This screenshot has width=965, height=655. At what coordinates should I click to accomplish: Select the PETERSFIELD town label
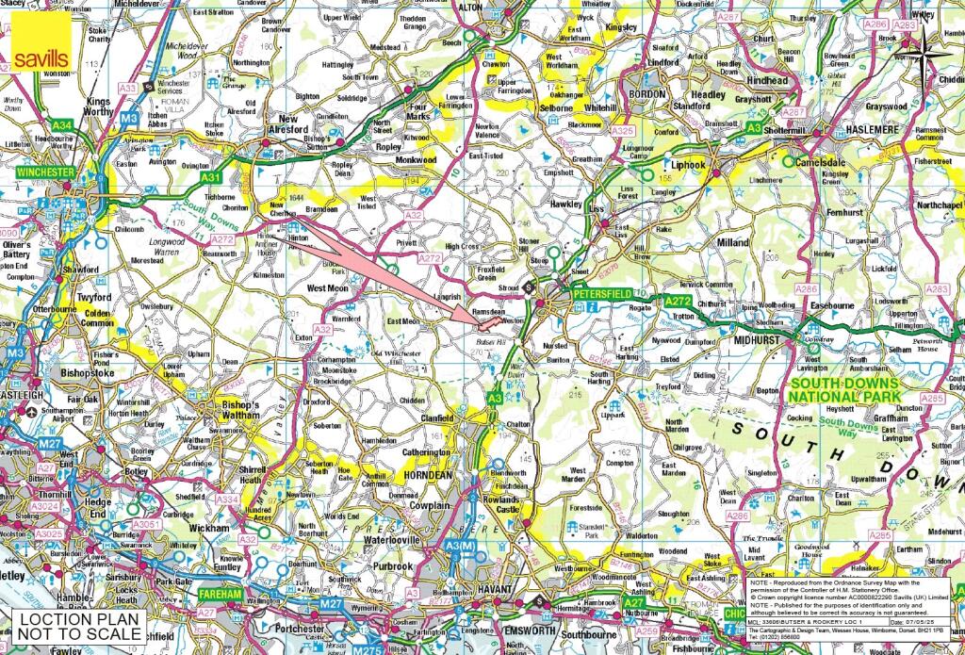(603, 293)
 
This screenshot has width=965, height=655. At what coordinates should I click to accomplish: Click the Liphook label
(690, 165)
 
